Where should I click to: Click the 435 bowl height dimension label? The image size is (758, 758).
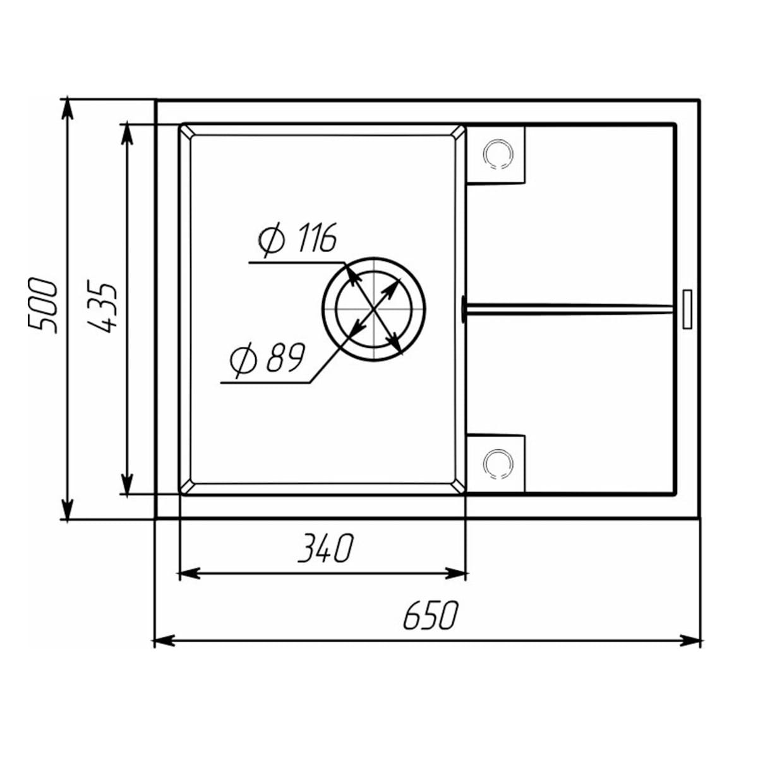[x=101, y=307]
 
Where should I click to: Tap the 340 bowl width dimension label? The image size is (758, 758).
[x=324, y=548]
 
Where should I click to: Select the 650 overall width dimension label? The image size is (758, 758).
[x=430, y=616]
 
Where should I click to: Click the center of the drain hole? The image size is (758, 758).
[x=374, y=310]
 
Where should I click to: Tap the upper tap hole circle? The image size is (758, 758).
[x=496, y=153]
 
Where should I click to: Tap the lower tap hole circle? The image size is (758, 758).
[x=496, y=463]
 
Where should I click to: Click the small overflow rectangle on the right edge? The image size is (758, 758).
[x=687, y=309]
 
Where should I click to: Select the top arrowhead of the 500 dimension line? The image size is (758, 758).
[x=66, y=108]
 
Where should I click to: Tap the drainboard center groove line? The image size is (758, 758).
[x=568, y=308]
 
